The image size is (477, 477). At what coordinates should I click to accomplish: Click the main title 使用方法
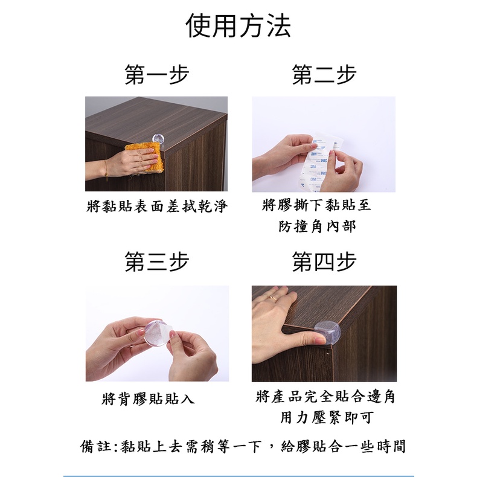(x=238, y=25)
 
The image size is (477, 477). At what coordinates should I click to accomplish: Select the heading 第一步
(x=156, y=74)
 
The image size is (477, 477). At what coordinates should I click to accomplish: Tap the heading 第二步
(x=324, y=74)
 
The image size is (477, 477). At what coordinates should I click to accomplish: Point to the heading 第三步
(x=156, y=261)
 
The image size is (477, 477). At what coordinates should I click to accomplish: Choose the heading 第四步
(x=324, y=261)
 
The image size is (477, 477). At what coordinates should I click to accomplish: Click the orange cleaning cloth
(x=146, y=155)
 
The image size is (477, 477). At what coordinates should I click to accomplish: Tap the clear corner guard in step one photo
(x=158, y=139)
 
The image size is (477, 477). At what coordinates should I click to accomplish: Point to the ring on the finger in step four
(x=273, y=298)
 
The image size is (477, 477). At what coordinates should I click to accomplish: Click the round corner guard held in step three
(x=155, y=333)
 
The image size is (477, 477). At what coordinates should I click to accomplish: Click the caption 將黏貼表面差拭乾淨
(x=157, y=206)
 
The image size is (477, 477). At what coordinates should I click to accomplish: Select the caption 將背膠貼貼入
(x=148, y=399)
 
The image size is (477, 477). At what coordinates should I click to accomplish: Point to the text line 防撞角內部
(x=317, y=226)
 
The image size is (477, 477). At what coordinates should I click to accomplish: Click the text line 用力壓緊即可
(x=327, y=417)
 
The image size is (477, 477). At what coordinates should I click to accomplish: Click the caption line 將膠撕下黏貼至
(x=316, y=205)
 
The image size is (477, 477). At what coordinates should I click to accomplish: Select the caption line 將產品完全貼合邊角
(x=325, y=396)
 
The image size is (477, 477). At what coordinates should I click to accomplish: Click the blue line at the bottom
(x=238, y=476)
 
